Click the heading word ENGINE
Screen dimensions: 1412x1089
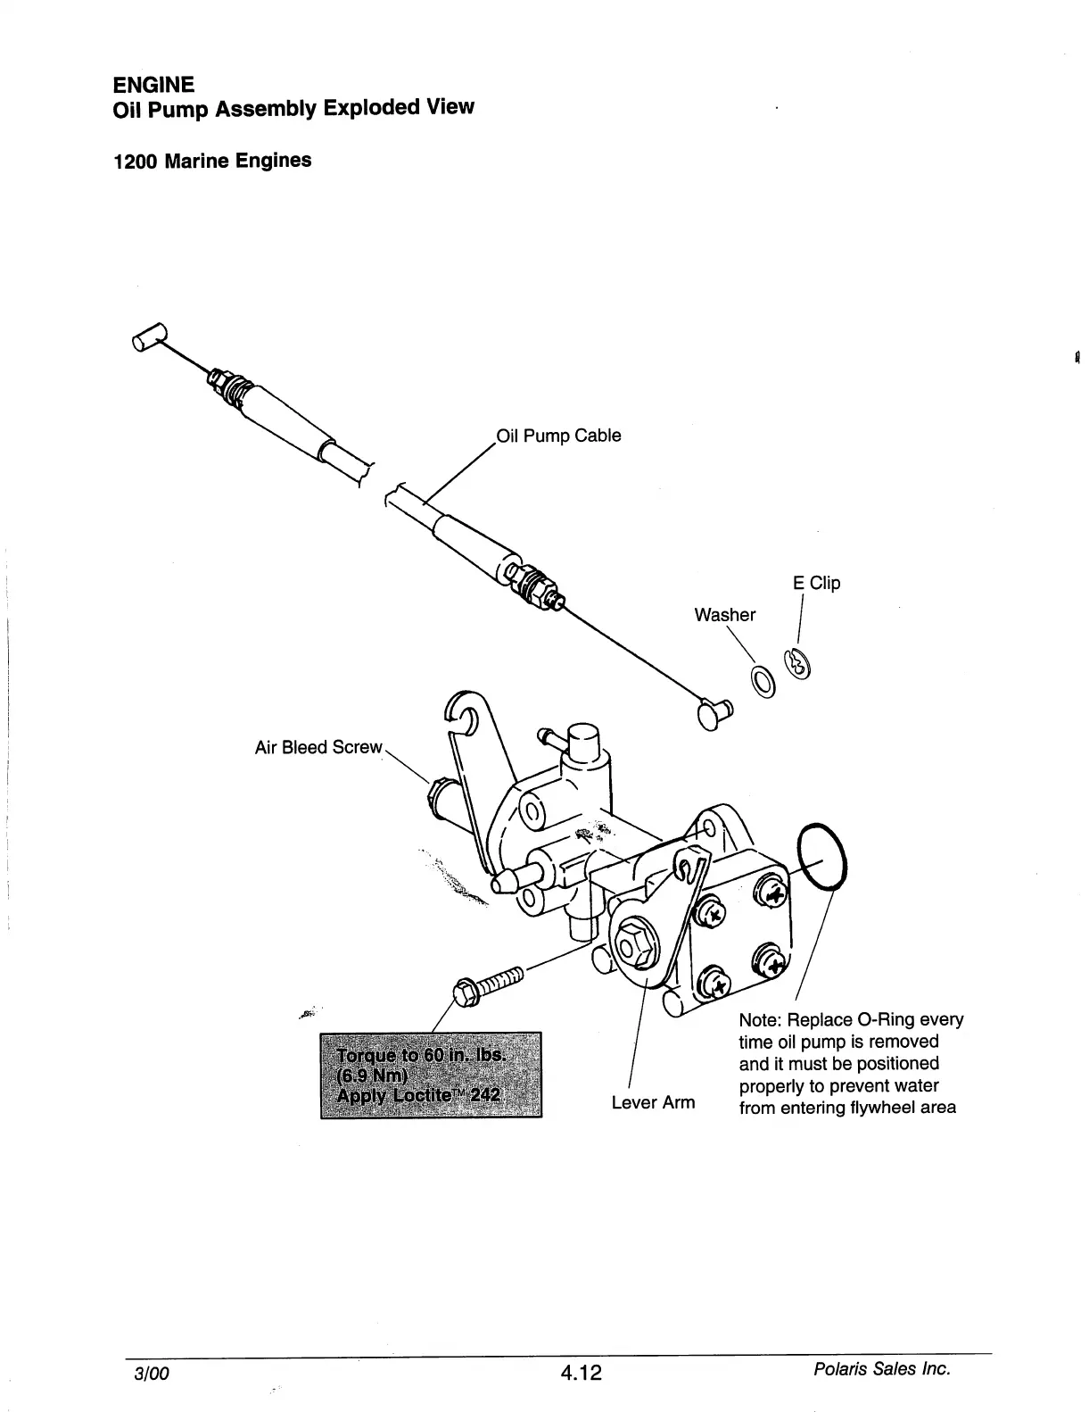(x=153, y=85)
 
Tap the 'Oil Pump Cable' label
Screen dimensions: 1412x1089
(x=558, y=436)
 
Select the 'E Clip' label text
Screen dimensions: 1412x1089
(x=816, y=583)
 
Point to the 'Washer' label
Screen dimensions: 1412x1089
(x=724, y=614)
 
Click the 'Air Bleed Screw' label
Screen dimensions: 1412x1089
(x=318, y=747)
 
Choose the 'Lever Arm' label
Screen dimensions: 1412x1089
(x=653, y=1102)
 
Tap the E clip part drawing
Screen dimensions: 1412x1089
(x=796, y=663)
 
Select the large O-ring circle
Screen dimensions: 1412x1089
(x=823, y=856)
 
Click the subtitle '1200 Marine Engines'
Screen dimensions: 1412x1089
(x=212, y=162)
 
